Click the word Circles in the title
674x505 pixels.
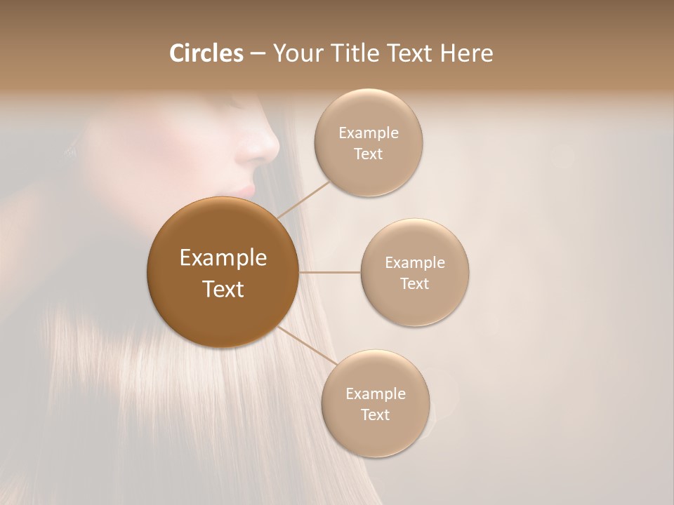(206, 53)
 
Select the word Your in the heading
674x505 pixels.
(296, 53)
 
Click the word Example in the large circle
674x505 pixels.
(223, 258)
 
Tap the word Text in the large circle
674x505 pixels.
(223, 289)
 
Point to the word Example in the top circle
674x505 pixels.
(369, 133)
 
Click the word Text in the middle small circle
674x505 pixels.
(415, 284)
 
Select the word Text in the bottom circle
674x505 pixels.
(375, 415)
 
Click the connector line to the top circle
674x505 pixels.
(303, 199)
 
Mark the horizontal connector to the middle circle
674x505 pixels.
(330, 272)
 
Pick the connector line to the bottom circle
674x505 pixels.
(308, 346)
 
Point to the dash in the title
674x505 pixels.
(258, 54)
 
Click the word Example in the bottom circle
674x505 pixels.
(376, 394)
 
